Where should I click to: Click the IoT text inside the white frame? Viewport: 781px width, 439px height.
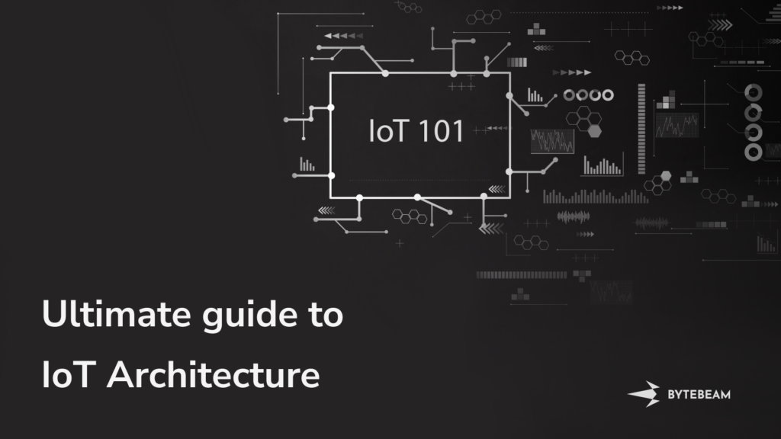[389, 131]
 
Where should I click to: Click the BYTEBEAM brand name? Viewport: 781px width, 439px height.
[699, 395]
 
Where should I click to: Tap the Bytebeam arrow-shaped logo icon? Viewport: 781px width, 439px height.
[644, 394]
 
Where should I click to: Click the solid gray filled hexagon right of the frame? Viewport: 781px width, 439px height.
[595, 131]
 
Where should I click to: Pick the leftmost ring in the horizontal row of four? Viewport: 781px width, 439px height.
[569, 95]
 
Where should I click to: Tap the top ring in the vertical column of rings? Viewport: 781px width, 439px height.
[753, 92]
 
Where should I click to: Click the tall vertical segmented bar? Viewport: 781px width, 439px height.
[641, 129]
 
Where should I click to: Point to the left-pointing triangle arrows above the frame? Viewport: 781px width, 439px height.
[344, 36]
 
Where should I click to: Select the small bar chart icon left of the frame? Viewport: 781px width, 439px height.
[307, 165]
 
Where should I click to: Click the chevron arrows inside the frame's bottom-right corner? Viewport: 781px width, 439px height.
[497, 189]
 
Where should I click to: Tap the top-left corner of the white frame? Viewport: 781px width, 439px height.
[331, 73]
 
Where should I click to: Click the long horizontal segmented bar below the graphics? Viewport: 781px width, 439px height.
[522, 274]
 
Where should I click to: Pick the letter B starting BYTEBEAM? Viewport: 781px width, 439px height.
[671, 395]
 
